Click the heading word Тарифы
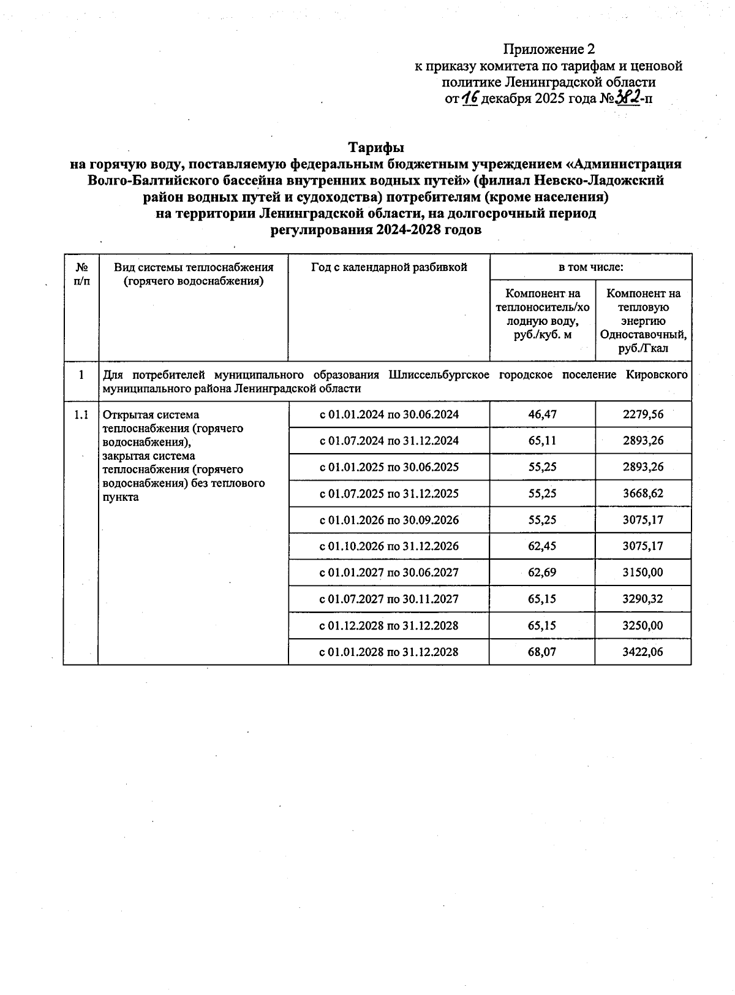376,148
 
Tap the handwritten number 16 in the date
470,98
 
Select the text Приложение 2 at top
549,49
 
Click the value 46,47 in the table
542,414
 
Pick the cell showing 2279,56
643,414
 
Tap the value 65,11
542,441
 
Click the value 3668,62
643,494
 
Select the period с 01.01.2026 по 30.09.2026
389,520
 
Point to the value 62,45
542,546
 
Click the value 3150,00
643,573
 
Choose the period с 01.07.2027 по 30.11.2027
389,599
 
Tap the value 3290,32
643,599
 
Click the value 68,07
542,652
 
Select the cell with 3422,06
643,652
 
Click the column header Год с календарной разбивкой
389,267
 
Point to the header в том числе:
590,267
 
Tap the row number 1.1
81,415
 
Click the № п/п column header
81,274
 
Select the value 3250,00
643,625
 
